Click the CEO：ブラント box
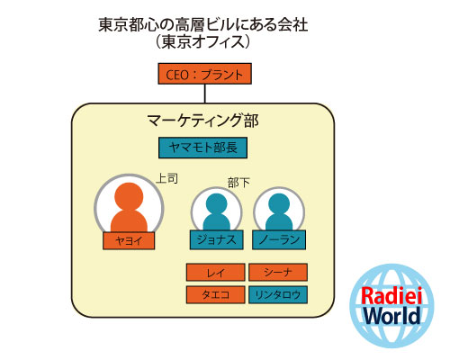point(204,74)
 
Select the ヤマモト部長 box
point(202,148)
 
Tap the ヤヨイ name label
point(129,240)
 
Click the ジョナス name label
point(216,239)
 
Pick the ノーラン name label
point(279,239)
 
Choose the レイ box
point(215,272)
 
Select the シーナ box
point(278,272)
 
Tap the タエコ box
point(215,294)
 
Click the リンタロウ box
point(278,294)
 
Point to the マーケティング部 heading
point(202,121)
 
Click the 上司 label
point(167,179)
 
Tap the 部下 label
point(238,183)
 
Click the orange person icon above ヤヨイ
point(129,207)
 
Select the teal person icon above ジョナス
point(216,211)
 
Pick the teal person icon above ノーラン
point(279,211)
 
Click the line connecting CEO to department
point(205,94)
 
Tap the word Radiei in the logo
point(391,295)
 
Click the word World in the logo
point(392,315)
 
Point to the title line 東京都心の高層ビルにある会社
point(203,24)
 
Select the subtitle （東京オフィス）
point(202,41)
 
